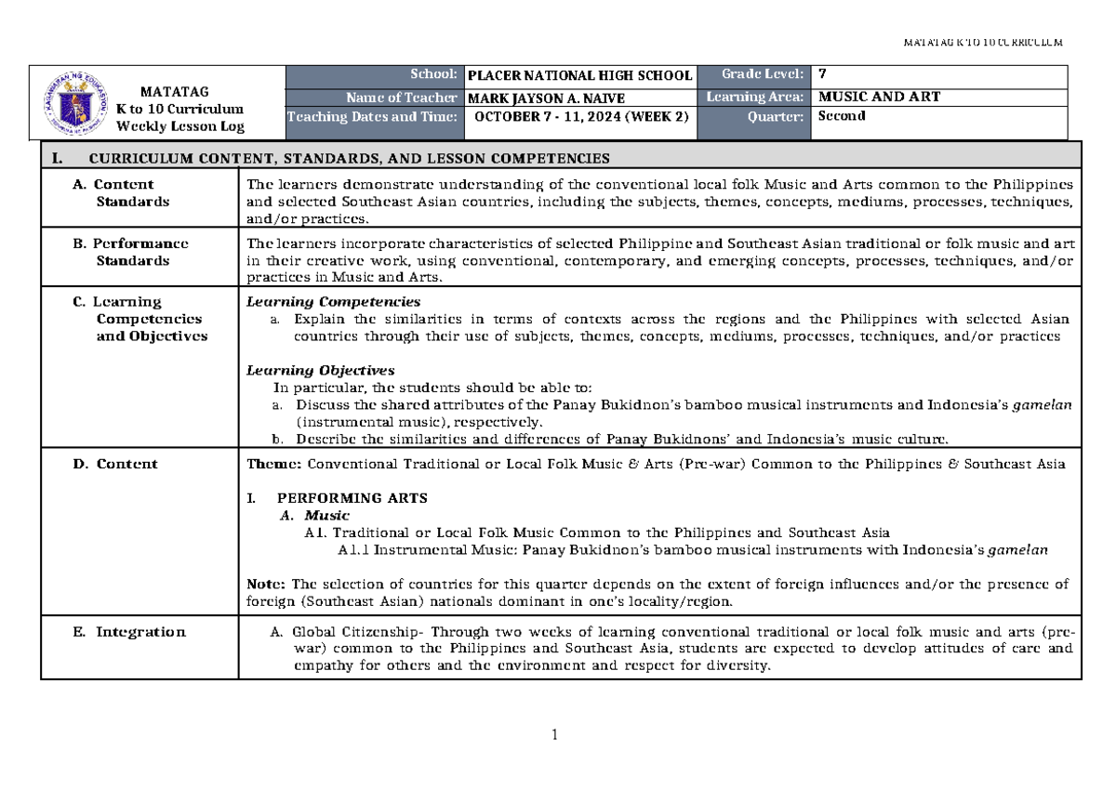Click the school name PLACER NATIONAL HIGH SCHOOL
click(579, 75)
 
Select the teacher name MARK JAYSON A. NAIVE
click(546, 98)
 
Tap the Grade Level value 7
click(819, 74)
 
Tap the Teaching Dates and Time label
click(373, 117)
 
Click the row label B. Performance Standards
click(130, 252)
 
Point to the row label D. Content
click(115, 464)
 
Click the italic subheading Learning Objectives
click(320, 370)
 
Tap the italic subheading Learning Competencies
click(332, 302)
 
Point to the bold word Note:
click(266, 584)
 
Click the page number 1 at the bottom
click(555, 737)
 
